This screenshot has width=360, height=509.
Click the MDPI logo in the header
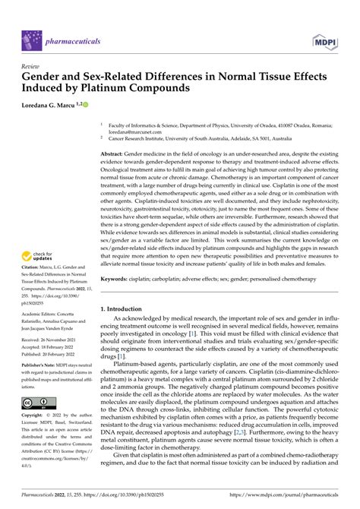click(x=330, y=36)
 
